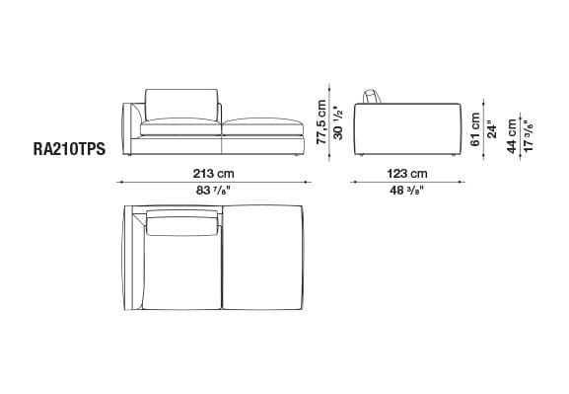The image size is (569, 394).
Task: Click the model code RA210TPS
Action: (x=69, y=149)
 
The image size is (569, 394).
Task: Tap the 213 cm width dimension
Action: (x=213, y=174)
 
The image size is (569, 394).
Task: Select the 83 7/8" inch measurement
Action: (x=213, y=191)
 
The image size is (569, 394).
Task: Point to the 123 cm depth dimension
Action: (x=407, y=174)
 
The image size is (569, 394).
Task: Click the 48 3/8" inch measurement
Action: (x=407, y=191)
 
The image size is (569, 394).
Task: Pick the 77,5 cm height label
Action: (x=321, y=122)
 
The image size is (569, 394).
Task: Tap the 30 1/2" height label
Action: (x=338, y=122)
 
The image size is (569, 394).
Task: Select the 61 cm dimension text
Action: (x=475, y=129)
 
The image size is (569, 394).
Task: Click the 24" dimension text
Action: (x=492, y=129)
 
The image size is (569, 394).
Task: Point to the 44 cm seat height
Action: (x=512, y=136)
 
